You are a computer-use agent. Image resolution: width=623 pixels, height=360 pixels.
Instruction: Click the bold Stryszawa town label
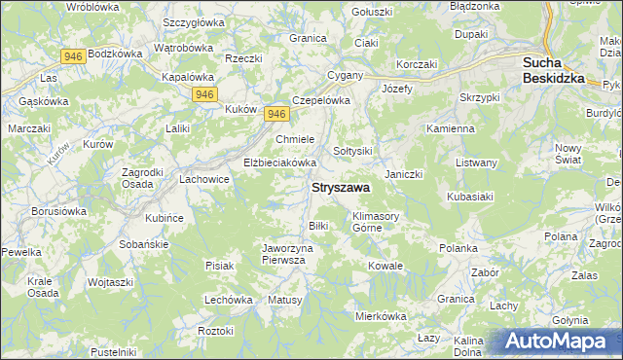(340, 188)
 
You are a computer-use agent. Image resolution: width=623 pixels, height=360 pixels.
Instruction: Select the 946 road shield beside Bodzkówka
(71, 56)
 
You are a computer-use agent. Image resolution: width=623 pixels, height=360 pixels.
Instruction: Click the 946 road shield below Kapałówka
(204, 93)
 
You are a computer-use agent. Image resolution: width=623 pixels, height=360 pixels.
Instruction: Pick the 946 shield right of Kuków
(276, 114)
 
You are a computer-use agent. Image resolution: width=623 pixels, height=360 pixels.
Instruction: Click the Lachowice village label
(203, 179)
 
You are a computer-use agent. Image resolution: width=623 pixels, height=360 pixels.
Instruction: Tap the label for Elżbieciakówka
(280, 162)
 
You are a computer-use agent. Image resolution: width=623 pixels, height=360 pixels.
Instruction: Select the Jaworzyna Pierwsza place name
(289, 254)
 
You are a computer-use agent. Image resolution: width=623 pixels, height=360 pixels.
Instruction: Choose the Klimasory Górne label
(377, 222)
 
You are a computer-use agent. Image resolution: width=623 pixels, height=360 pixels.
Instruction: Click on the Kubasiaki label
(473, 196)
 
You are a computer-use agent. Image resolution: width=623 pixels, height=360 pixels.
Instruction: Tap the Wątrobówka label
(184, 47)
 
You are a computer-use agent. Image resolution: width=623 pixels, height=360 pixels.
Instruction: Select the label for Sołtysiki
(353, 151)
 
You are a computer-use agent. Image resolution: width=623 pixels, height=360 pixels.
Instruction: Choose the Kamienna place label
(450, 128)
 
